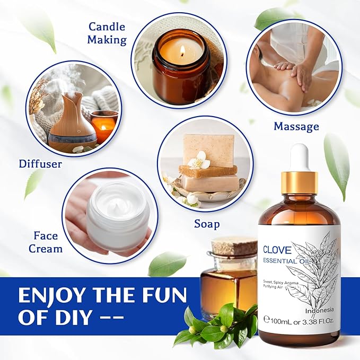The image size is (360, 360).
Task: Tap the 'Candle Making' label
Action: (107, 33)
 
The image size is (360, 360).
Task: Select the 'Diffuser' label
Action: (40, 164)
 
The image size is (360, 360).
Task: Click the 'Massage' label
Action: (296, 126)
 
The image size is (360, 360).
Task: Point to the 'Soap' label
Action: (207, 224)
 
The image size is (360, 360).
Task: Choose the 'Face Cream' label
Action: (48, 241)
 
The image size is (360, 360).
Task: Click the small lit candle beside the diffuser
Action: (103, 125)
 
